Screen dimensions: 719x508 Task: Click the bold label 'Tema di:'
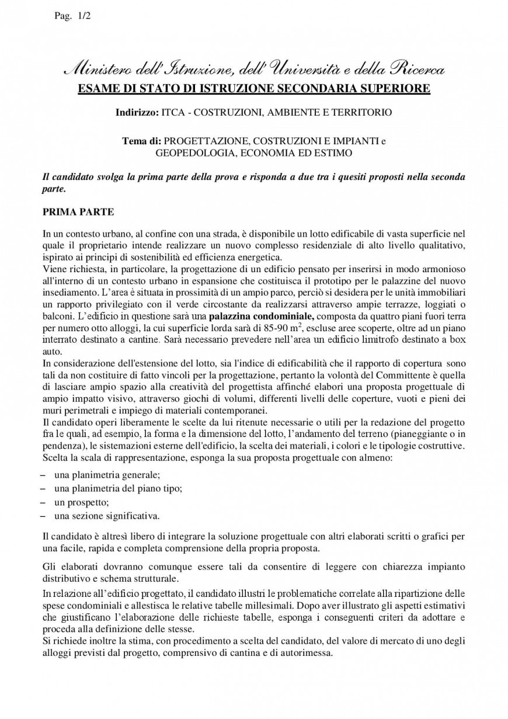click(x=142, y=141)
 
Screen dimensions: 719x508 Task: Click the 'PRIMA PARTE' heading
click(x=79, y=211)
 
